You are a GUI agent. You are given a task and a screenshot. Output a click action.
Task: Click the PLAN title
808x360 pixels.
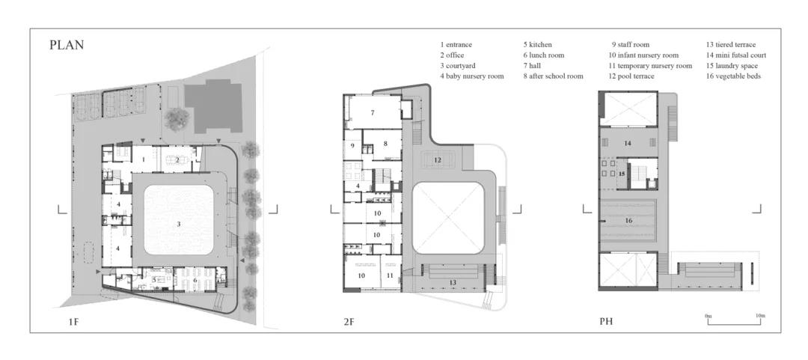point(67,45)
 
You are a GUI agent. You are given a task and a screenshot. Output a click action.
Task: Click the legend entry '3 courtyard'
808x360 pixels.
point(458,66)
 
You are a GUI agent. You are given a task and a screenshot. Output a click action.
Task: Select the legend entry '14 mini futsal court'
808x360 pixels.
point(736,55)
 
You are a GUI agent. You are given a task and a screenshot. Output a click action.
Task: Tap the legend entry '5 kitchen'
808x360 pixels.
point(537,45)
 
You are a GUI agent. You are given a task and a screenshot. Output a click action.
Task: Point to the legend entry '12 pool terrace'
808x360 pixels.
point(631,76)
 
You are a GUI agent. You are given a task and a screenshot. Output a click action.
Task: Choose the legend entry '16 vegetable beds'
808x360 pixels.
point(733,76)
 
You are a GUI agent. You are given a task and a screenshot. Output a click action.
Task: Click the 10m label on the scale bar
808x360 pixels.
point(759,315)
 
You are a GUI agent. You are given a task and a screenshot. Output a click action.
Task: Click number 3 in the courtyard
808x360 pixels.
point(179,224)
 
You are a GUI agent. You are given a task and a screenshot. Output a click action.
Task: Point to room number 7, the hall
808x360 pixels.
point(372,112)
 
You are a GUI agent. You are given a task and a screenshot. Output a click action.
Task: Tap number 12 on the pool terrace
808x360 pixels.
point(438,160)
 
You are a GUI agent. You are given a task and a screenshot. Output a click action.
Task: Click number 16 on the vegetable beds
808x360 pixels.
point(628,221)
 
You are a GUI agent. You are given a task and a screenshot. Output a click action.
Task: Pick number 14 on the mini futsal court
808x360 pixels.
point(628,143)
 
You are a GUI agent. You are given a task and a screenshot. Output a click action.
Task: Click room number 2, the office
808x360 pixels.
point(177,160)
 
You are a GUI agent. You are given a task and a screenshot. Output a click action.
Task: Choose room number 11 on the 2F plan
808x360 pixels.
point(390,275)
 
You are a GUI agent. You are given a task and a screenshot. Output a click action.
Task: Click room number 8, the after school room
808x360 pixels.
point(385,143)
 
